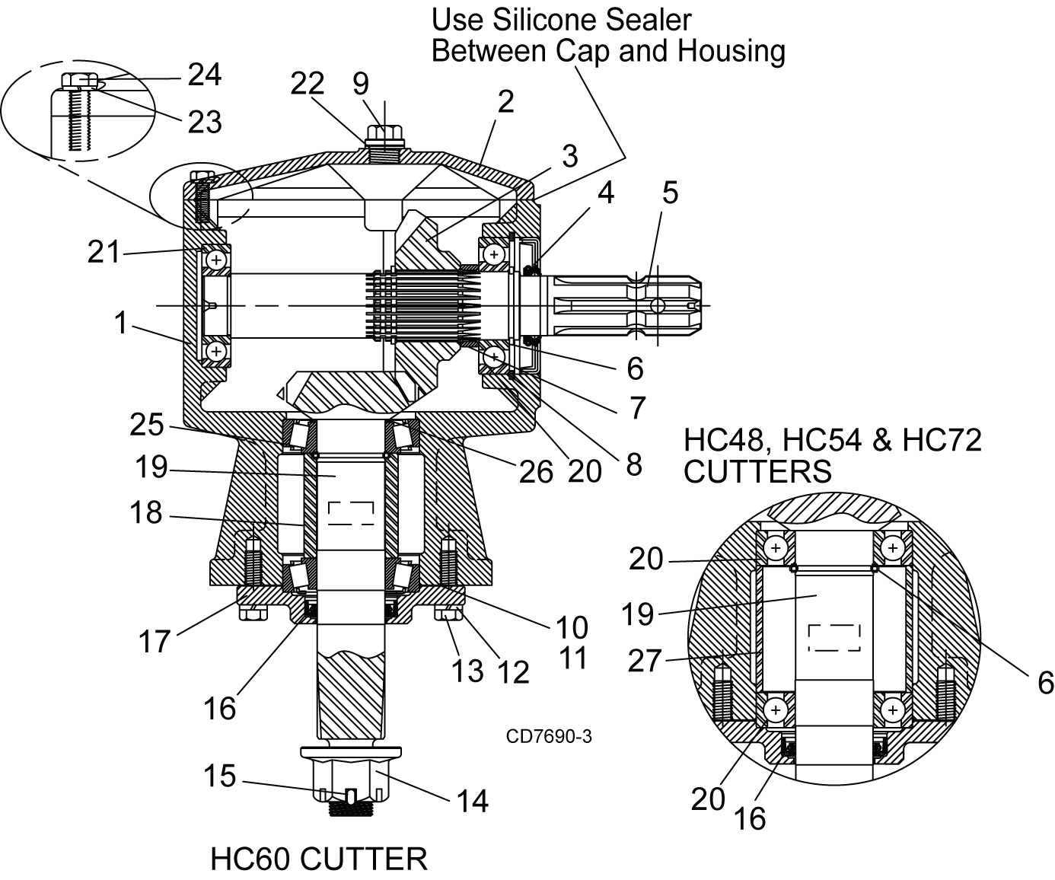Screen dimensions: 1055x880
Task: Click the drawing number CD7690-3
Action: [549, 736]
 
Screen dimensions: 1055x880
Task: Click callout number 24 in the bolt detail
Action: [205, 75]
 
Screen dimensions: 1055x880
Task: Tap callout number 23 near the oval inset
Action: [205, 122]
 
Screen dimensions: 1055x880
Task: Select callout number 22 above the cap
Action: [308, 84]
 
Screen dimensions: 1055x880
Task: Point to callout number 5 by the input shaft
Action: [670, 193]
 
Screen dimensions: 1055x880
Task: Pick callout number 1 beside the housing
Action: [121, 323]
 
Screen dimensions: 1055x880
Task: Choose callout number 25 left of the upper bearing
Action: [146, 424]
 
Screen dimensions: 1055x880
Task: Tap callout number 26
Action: [536, 472]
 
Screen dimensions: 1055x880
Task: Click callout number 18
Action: [146, 512]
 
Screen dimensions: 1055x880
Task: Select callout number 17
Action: [154, 642]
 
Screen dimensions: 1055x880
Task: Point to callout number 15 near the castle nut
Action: [220, 776]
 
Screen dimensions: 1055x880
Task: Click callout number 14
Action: [473, 801]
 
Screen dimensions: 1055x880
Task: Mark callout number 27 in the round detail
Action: [645, 660]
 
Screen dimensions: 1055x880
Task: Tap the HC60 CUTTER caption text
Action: [319, 859]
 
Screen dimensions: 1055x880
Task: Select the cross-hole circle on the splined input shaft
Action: [658, 306]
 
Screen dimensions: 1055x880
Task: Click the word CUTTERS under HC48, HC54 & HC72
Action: [757, 471]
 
